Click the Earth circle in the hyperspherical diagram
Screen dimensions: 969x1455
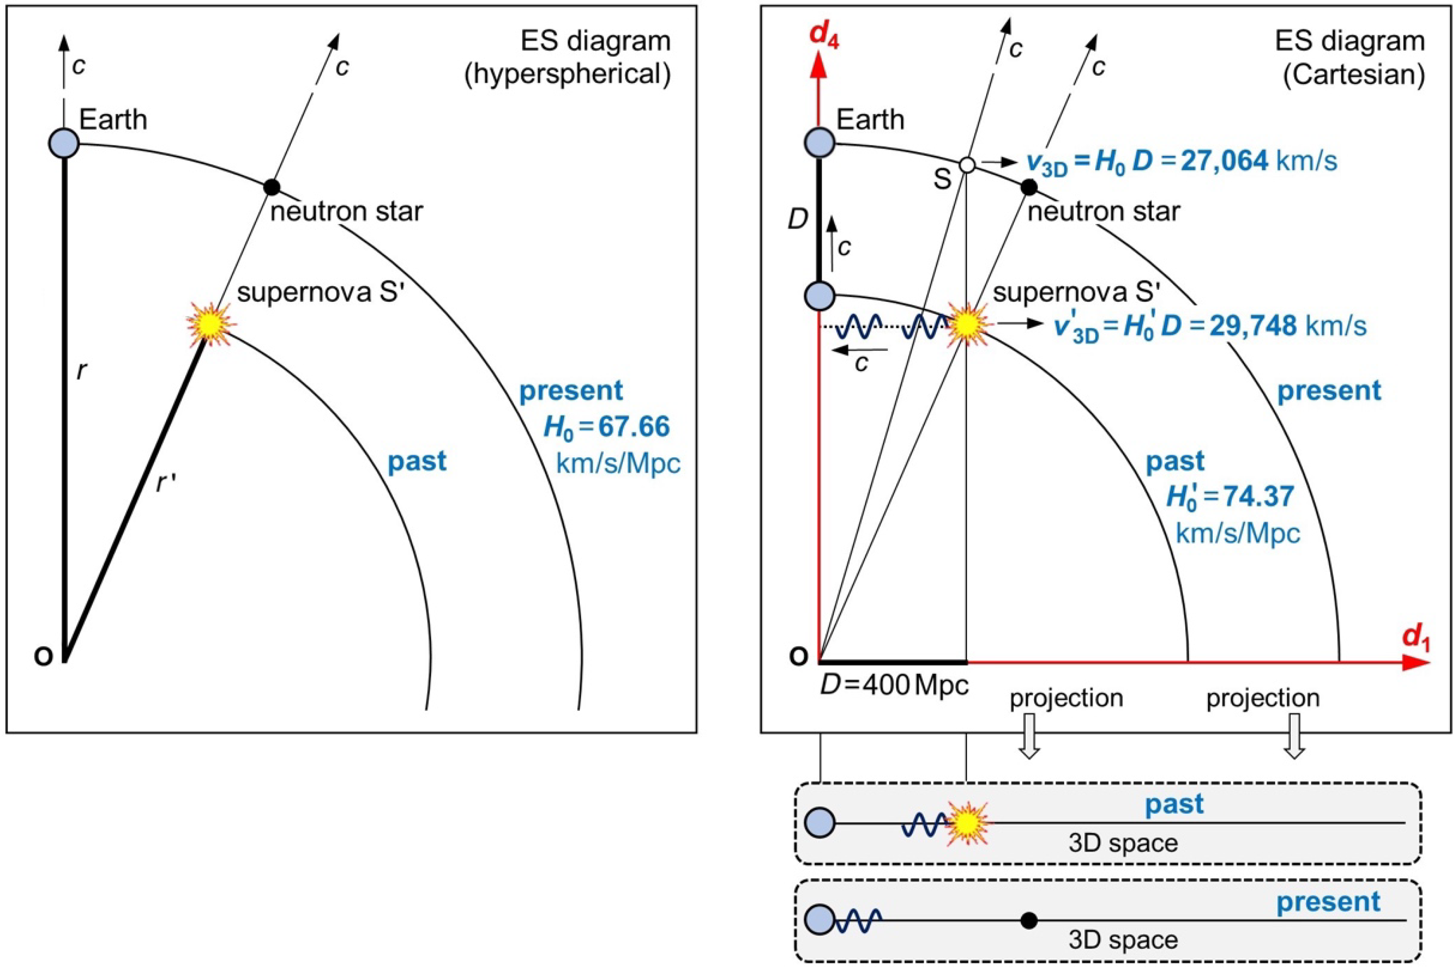[x=64, y=143]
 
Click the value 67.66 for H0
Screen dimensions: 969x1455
[x=634, y=427]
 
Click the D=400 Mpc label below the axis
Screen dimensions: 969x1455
[x=894, y=685]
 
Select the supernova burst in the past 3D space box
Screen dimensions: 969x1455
[x=966, y=823]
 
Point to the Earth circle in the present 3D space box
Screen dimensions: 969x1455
[x=820, y=919]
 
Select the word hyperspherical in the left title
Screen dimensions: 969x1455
[x=567, y=75]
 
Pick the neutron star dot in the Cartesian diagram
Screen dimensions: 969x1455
[x=1028, y=187]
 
